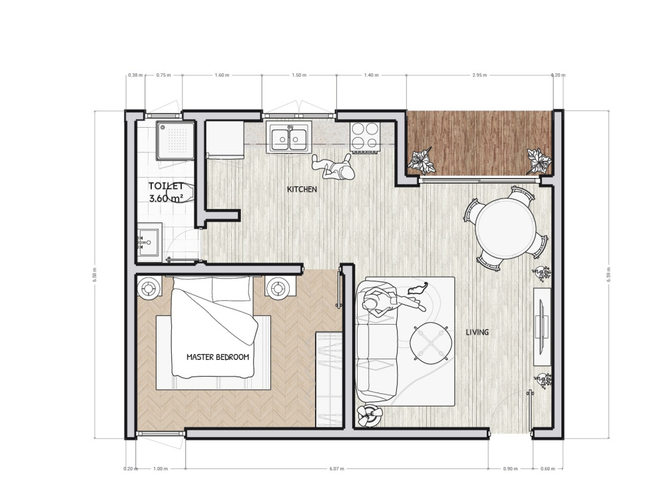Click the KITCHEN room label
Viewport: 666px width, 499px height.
(x=302, y=190)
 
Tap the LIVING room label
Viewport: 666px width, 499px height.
(x=478, y=332)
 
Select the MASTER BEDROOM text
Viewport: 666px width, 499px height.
(x=218, y=357)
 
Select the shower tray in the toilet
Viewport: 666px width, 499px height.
(x=175, y=140)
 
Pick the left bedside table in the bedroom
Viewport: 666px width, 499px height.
(x=148, y=287)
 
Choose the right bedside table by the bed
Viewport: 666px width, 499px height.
(x=276, y=287)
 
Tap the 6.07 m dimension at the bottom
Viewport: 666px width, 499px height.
(x=337, y=468)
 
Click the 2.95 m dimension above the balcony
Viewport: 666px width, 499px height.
(x=478, y=75)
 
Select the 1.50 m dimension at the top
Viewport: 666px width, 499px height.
(x=298, y=75)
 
